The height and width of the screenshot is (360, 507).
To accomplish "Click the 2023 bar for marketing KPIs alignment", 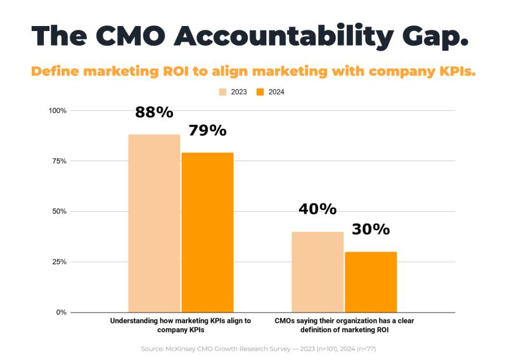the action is pos(154,224).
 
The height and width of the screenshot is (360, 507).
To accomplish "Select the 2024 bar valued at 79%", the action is pos(208,233).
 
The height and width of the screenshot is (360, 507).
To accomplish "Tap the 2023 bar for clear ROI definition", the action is pos(318,272).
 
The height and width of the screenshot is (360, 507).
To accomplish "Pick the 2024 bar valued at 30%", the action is pos(371,282).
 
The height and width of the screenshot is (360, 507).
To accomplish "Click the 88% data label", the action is pos(154,112).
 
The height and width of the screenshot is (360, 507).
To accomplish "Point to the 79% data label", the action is pos(208,131).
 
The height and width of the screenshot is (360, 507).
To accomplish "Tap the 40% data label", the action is pos(318,209).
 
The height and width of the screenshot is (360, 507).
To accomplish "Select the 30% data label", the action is pos(371,229).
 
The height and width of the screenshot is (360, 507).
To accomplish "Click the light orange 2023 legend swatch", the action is pos(223,92).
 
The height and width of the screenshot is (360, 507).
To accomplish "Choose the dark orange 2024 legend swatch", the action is pos(260,92).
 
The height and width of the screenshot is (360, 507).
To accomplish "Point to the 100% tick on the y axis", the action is pos(58,111).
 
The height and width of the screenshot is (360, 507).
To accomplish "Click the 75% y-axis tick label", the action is pos(60,161).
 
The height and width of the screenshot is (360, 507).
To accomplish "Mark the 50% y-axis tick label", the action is pos(60,212).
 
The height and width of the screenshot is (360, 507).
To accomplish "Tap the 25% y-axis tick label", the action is pos(60,262).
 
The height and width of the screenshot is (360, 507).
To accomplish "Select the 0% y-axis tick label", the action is pos(61,312).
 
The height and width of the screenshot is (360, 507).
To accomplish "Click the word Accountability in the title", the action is pos(284,36).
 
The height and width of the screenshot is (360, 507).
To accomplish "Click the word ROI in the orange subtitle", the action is pos(176,71).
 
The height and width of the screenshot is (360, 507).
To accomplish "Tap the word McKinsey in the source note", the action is pos(181,349).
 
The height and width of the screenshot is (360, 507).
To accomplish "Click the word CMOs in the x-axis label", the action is pos(285,321).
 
